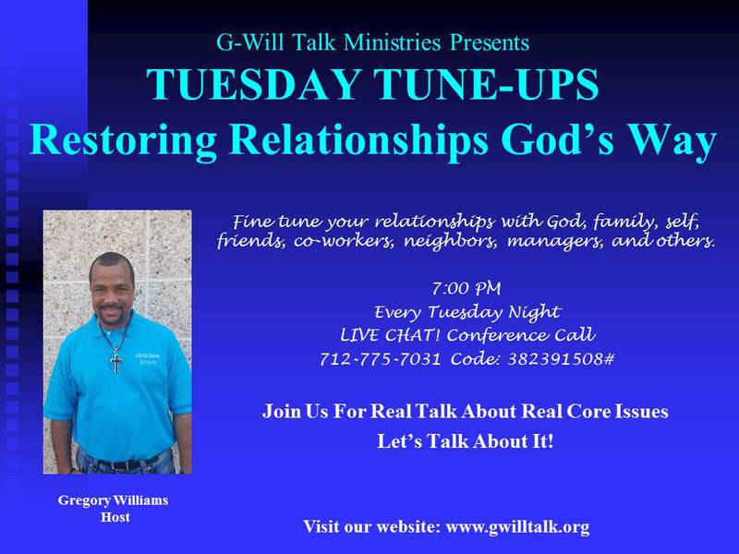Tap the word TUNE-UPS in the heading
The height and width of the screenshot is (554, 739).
point(488,85)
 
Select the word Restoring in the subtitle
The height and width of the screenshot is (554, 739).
point(124,141)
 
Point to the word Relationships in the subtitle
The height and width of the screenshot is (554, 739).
point(358,141)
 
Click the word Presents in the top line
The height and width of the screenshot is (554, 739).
point(490,42)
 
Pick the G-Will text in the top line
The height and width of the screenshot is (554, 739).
point(250,42)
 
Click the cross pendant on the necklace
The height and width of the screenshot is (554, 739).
point(116,363)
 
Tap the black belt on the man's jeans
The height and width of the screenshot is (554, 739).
point(124,464)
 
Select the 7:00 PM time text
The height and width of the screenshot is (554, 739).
point(466,288)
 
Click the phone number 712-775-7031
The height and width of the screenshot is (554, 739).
point(380,359)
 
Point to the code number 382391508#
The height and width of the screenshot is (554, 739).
point(561,359)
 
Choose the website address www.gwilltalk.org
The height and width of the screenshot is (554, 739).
point(517,526)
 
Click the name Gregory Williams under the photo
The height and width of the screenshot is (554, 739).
point(113,500)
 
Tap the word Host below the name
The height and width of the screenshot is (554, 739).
point(115,517)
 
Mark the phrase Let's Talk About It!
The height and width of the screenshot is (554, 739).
point(466,441)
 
